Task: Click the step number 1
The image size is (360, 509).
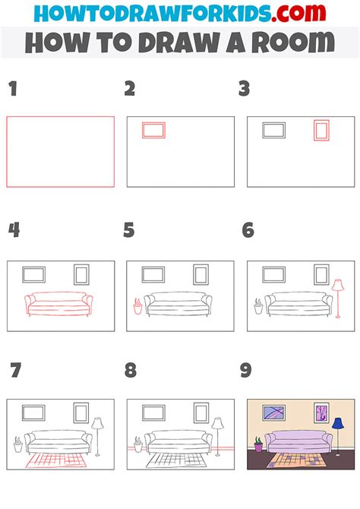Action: click(x=12, y=90)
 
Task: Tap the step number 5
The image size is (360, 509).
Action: click(x=129, y=230)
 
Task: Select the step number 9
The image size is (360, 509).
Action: click(x=245, y=371)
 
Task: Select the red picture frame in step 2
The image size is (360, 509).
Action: click(x=153, y=131)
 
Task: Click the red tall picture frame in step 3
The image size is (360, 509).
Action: click(x=321, y=131)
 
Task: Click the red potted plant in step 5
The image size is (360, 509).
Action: click(x=137, y=306)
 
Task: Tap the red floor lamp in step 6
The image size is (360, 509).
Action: click(x=337, y=299)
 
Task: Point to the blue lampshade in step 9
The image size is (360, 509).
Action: click(x=337, y=424)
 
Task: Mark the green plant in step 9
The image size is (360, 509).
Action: click(x=258, y=442)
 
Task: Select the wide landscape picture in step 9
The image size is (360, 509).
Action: click(x=274, y=413)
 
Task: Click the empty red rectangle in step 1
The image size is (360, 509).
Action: click(x=61, y=151)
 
